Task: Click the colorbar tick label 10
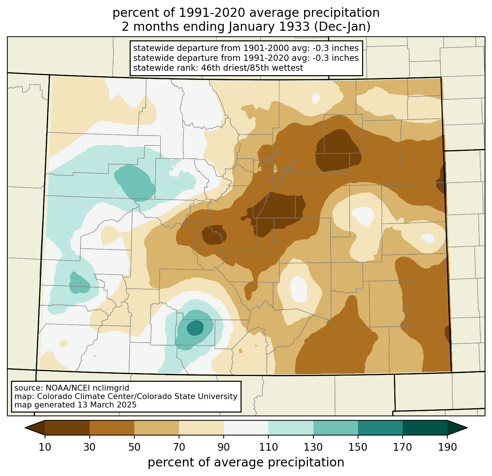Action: coord(45,447)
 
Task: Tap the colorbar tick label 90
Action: coord(224,447)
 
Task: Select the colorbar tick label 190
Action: coord(447,447)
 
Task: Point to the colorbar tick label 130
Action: coord(313,447)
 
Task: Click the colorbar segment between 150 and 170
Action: coord(380,428)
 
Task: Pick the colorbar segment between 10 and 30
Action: coord(67,428)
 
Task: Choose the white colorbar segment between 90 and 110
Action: coord(246,428)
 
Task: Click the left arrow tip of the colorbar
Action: coord(25,428)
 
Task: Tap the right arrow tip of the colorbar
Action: coord(467,428)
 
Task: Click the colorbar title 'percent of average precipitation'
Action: coord(246,462)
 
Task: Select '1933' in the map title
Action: coord(293,27)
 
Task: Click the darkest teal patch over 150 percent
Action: coord(195,328)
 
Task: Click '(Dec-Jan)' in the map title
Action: coord(342,27)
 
